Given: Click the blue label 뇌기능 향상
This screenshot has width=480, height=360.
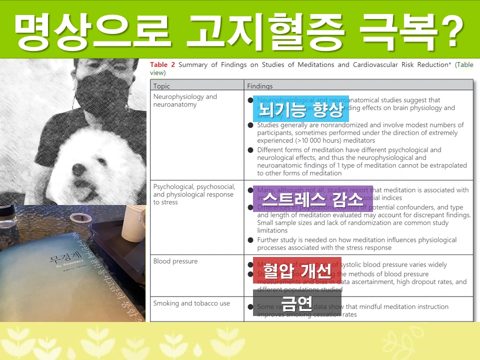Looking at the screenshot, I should pyautogui.click(x=300, y=108).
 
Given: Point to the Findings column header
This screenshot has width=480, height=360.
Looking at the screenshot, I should pyautogui.click(x=260, y=86).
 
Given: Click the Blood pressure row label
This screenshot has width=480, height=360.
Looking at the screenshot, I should pyautogui.click(x=175, y=261).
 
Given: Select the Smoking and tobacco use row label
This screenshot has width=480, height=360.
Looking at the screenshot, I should pyautogui.click(x=191, y=303).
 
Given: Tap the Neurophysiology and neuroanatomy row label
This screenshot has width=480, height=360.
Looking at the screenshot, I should pyautogui.click(x=185, y=100).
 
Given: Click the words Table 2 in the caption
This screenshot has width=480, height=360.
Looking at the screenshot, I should pyautogui.click(x=162, y=64).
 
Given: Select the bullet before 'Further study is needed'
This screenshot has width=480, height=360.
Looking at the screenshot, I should pyautogui.click(x=250, y=240).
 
